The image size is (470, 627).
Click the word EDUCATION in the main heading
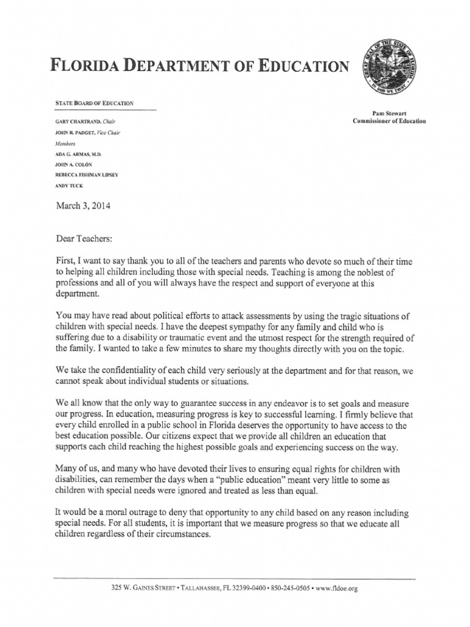point(301,65)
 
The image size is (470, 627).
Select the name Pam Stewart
point(389,114)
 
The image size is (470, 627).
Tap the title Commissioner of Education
point(389,121)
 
